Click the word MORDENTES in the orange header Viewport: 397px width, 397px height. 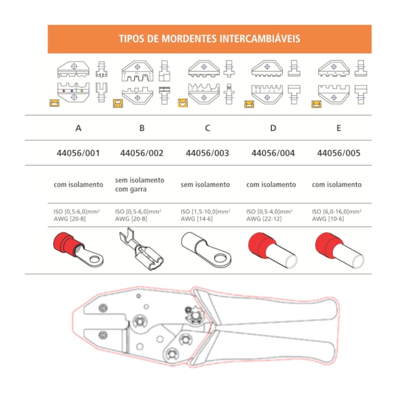pos(189,38)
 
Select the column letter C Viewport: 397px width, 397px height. pos(208,128)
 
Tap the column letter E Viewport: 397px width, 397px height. pos(338,128)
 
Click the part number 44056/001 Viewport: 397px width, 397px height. pos(78,153)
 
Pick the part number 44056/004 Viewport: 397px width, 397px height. pos(273,153)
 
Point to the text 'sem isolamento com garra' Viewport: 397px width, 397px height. pos(139,184)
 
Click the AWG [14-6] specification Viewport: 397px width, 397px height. pos(197,219)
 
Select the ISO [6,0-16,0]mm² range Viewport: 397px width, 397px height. pos(337,211)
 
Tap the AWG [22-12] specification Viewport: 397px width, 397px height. pos(264,219)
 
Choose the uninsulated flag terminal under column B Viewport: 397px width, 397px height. pos(141,249)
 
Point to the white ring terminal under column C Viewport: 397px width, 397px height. pos(206,249)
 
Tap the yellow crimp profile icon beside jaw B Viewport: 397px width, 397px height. pos(118,103)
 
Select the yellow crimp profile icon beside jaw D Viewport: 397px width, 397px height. pos(249,104)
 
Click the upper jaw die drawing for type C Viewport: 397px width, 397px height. pos(204,68)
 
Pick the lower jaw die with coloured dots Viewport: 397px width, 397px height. pos(73,92)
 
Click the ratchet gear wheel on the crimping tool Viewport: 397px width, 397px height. pos(195,315)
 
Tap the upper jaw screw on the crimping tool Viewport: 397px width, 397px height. pos(103,308)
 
